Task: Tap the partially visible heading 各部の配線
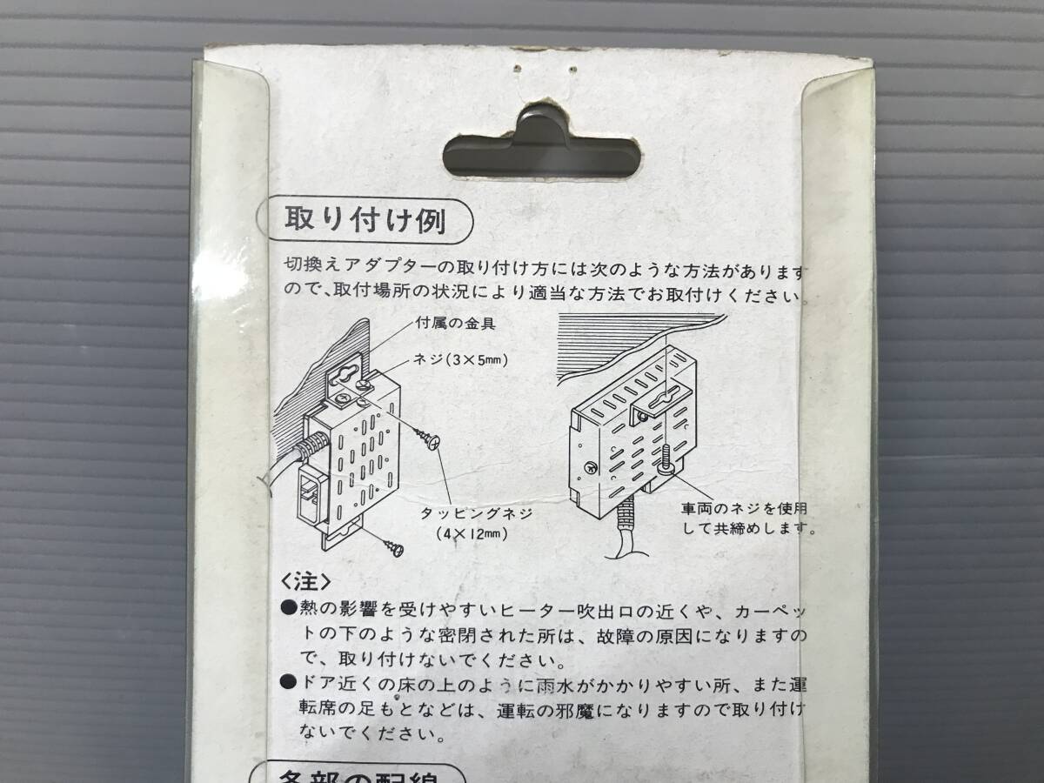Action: click(365, 774)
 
